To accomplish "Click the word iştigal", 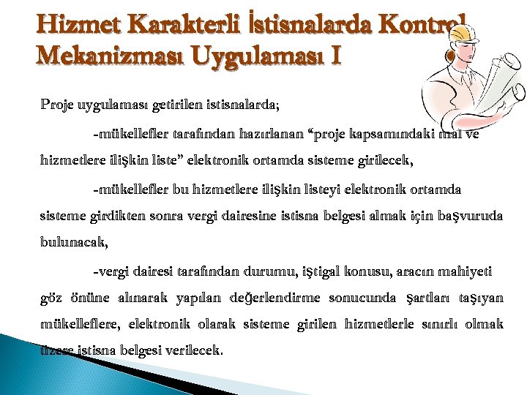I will click(x=326, y=272).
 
